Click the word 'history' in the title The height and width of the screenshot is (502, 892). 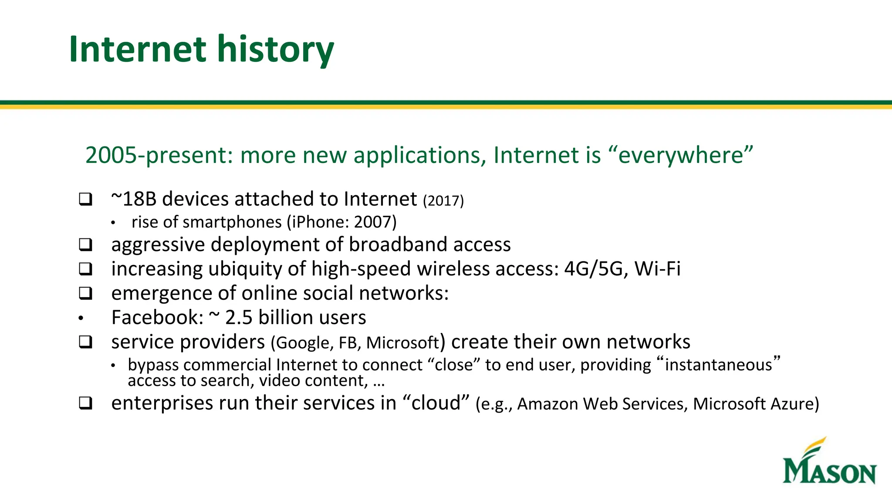pyautogui.click(x=275, y=49)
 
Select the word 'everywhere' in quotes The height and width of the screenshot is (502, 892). pyautogui.click(x=680, y=155)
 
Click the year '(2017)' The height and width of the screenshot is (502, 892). pyautogui.click(x=443, y=201)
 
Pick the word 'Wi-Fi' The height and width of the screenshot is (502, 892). pyautogui.click(x=657, y=269)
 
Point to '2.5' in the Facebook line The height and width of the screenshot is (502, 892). pyautogui.click(x=239, y=318)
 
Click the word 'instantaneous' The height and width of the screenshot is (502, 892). pyautogui.click(x=718, y=365)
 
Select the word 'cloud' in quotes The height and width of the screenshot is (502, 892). pyautogui.click(x=436, y=403)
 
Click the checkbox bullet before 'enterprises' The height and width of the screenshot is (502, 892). pyautogui.click(x=86, y=403)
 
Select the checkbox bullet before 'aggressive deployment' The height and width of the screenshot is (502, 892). pyautogui.click(x=86, y=244)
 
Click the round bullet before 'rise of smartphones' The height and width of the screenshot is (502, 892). pyautogui.click(x=113, y=223)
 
